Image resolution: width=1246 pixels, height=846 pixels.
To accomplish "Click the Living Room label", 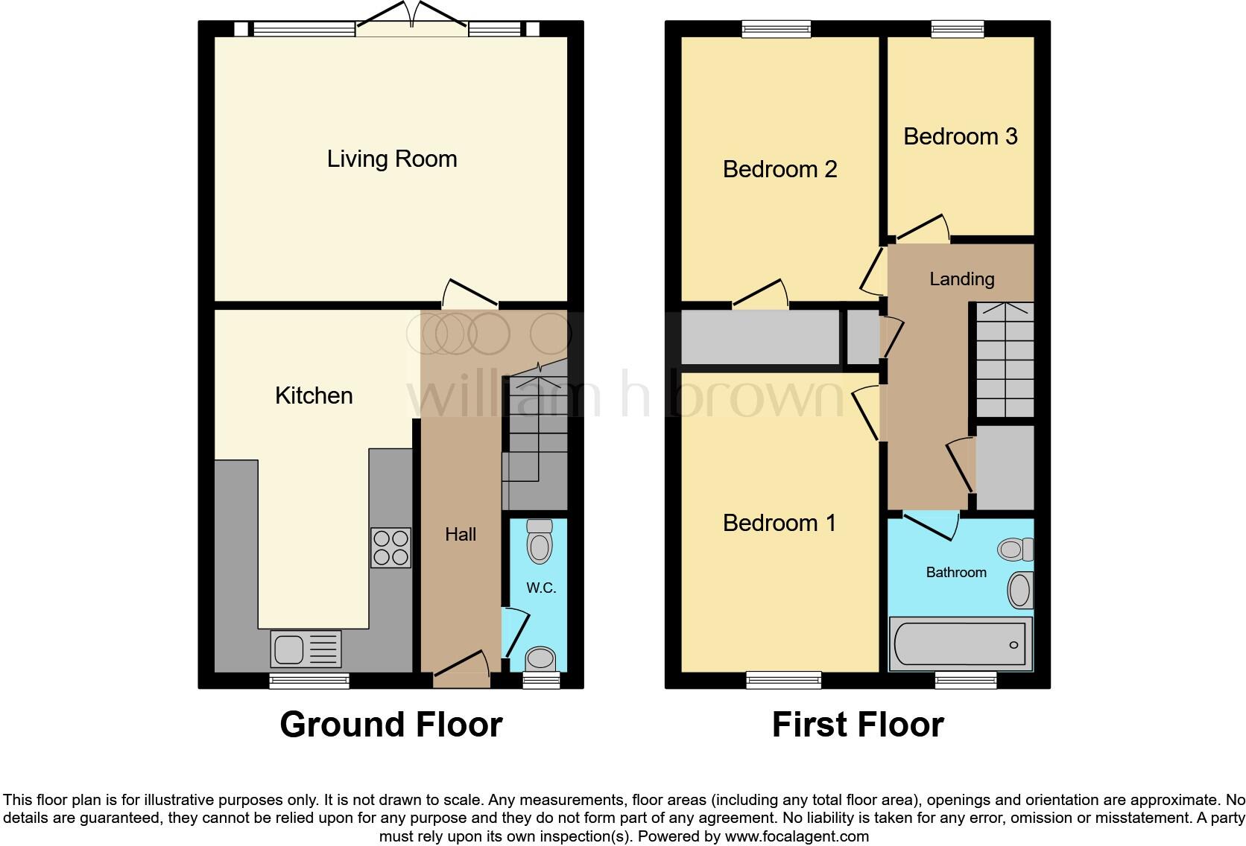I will click(x=392, y=159).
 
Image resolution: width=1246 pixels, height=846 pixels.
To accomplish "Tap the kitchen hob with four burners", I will click(x=390, y=548).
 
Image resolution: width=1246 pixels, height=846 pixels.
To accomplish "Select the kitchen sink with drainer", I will click(x=306, y=649).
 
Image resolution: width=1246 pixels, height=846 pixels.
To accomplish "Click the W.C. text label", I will click(x=541, y=588).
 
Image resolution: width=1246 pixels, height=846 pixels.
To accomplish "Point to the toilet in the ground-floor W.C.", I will click(x=540, y=542).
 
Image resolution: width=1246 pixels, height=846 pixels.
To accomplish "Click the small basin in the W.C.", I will click(x=540, y=658).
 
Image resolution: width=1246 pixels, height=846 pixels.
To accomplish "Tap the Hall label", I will click(x=461, y=534).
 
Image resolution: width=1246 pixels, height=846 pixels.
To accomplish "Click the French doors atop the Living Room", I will click(x=411, y=21).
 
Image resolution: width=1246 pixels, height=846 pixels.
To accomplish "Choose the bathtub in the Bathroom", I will click(x=960, y=644).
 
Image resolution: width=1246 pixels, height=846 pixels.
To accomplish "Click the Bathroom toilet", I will click(x=1015, y=550).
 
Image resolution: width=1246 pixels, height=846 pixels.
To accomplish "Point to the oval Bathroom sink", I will click(x=1019, y=591).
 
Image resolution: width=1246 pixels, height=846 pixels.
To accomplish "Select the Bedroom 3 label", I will click(x=960, y=136).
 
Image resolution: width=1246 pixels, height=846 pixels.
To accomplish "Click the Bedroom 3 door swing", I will click(x=923, y=227).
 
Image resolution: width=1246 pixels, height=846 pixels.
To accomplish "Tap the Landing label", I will click(x=961, y=279).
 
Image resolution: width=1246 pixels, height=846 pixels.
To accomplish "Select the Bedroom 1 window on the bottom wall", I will click(x=783, y=678).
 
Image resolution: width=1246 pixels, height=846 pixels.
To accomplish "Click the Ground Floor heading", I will click(x=390, y=725).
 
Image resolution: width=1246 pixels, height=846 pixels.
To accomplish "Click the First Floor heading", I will click(x=858, y=725).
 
